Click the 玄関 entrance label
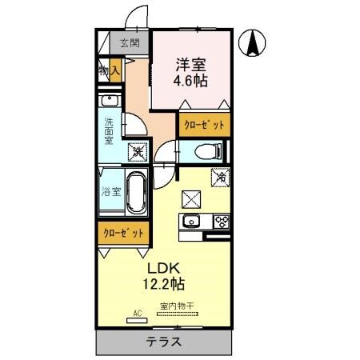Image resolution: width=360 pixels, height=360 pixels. pyautogui.click(x=129, y=43)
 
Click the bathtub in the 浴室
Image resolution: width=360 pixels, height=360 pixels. pyautogui.click(x=135, y=192)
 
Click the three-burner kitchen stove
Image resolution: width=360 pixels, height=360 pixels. pyautogui.click(x=221, y=222)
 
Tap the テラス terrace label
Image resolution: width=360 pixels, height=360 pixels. pyautogui.click(x=164, y=342)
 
